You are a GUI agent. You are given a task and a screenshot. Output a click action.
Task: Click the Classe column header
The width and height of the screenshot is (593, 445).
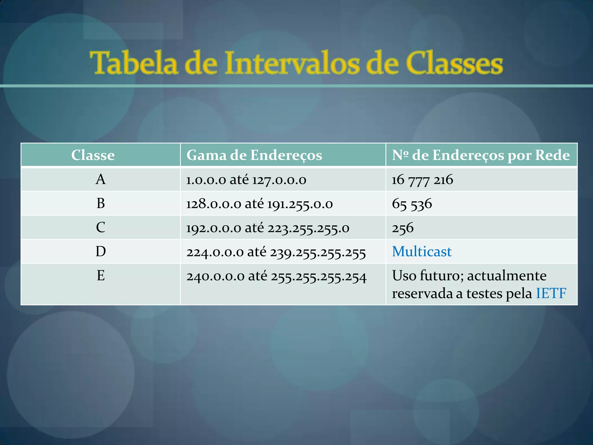(x=93, y=155)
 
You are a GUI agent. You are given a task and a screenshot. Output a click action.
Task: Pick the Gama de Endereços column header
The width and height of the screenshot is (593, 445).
(x=254, y=155)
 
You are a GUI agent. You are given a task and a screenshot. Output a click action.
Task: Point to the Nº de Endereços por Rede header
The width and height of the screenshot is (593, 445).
(x=481, y=155)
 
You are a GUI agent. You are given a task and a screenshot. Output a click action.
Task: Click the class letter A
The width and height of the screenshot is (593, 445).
(x=100, y=179)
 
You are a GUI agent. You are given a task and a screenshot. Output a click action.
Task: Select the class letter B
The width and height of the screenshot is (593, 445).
(x=100, y=203)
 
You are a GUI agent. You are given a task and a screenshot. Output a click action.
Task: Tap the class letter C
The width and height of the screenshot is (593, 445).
(x=100, y=227)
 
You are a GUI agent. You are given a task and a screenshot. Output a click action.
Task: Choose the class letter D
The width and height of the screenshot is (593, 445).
(x=100, y=251)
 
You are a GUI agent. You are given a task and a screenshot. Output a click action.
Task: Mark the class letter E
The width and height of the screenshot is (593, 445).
(x=100, y=276)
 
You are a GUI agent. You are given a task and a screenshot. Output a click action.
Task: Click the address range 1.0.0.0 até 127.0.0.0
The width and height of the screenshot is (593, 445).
(x=246, y=180)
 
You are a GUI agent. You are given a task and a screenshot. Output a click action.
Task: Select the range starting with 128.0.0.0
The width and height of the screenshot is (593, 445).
(x=259, y=204)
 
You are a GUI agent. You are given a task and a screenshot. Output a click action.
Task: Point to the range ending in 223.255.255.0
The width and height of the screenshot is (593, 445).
(x=268, y=228)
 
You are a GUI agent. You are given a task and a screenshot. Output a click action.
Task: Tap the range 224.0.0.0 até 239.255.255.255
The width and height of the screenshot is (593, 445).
(x=276, y=252)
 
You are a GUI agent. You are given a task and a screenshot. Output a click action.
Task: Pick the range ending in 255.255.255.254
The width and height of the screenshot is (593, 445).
(x=277, y=276)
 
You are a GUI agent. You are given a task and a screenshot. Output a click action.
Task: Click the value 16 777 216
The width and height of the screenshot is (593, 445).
(x=422, y=180)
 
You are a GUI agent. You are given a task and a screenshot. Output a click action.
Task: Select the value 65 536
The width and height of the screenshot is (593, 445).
(x=412, y=204)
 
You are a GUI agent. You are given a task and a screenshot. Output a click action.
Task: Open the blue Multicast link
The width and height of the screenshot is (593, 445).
(x=422, y=251)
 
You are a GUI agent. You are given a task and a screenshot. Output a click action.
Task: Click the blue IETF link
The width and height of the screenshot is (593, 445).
(x=551, y=293)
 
